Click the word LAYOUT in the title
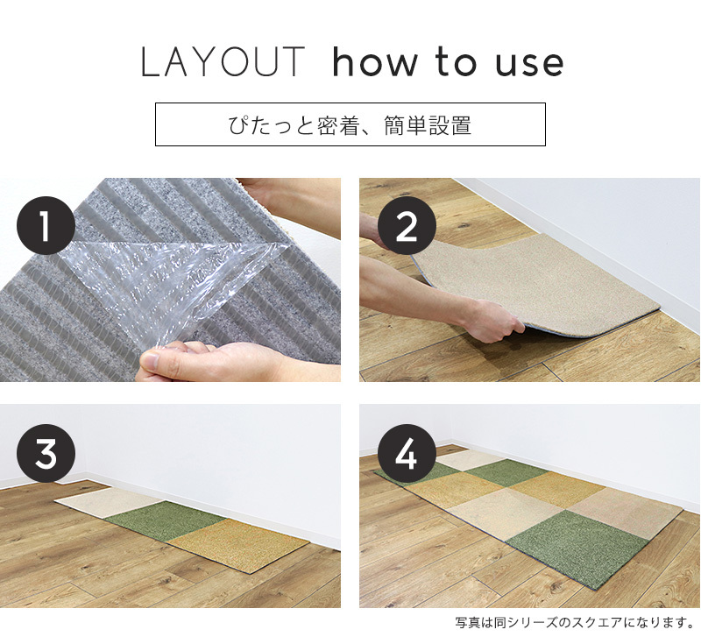click(x=223, y=61)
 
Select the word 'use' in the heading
click(x=529, y=66)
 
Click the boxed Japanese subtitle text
click(x=350, y=125)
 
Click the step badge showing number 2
click(x=407, y=226)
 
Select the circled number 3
click(x=46, y=454)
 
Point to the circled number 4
click(x=407, y=454)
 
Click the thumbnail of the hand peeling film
click(x=170, y=280)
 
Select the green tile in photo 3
click(x=166, y=519)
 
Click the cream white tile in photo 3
click(x=110, y=500)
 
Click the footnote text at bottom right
click(x=574, y=622)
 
